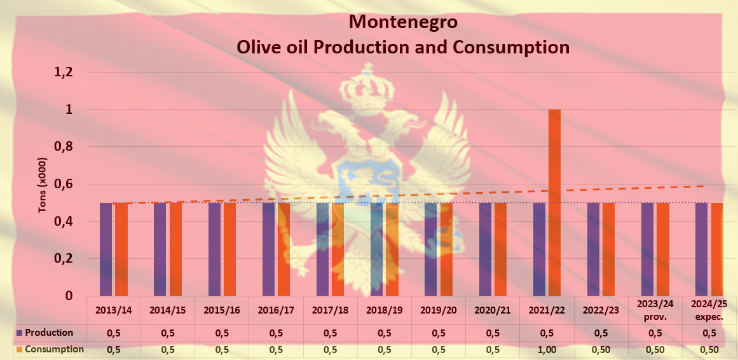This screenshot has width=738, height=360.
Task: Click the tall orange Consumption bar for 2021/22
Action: coord(554,202)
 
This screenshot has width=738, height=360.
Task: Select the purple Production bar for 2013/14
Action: coord(106,249)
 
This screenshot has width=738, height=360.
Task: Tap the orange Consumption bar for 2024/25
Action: coord(717,249)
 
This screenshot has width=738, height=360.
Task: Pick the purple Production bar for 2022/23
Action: coord(593,249)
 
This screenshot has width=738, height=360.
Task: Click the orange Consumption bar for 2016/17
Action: coord(284,249)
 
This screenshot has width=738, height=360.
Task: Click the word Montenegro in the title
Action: coord(403,22)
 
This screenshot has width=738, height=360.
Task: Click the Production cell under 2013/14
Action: coord(113,333)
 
